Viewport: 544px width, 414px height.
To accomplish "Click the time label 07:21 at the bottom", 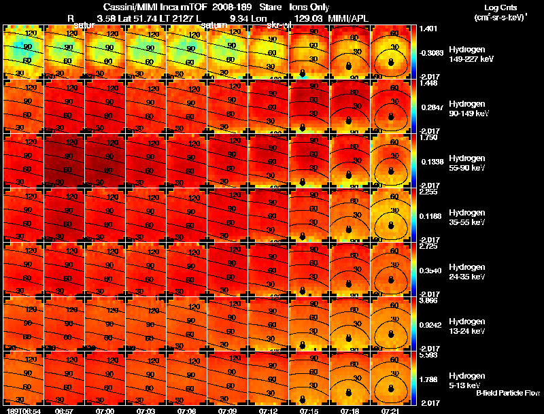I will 390,410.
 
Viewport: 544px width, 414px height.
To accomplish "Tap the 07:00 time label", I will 105,410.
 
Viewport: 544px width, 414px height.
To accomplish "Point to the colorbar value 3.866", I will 429,300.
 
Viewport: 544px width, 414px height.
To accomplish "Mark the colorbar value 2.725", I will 429,245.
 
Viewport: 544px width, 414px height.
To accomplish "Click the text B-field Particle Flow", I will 507,393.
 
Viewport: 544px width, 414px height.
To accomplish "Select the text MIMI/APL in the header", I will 352,19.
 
